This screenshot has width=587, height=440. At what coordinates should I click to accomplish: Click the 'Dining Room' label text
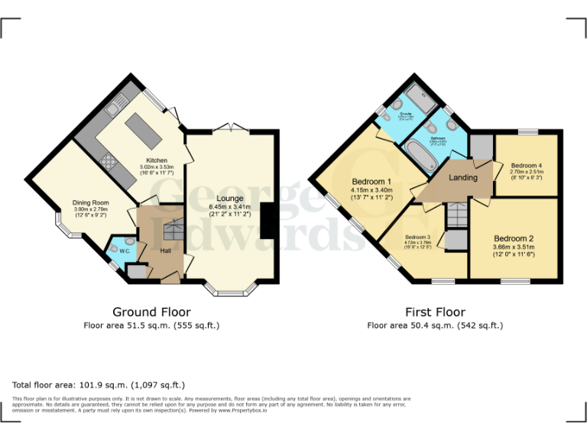coord(91,202)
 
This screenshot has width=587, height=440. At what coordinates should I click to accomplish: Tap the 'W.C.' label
coord(124,251)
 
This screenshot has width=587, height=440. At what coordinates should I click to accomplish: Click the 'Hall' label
coord(165,251)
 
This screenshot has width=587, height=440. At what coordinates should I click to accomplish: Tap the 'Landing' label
coord(462,177)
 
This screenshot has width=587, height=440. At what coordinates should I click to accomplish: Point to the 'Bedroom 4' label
coord(527,165)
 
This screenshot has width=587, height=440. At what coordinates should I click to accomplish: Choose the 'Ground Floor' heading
coord(151,312)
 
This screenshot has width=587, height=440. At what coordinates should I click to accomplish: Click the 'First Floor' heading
coord(435,312)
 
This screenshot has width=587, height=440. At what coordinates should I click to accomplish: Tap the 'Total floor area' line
coord(99,385)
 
